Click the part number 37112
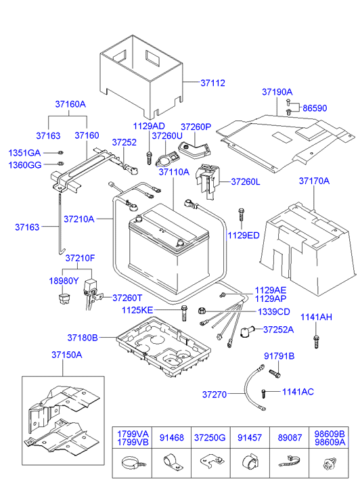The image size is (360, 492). pyautogui.click(x=212, y=83)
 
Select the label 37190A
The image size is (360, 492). pyautogui.click(x=277, y=91)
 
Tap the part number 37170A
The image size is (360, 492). pyautogui.click(x=314, y=181)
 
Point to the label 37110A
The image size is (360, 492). pyautogui.click(x=174, y=173)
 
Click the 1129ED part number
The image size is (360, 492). pyautogui.click(x=244, y=235)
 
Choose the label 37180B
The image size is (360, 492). pyautogui.click(x=83, y=337)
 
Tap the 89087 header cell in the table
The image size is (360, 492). pyautogui.click(x=288, y=437)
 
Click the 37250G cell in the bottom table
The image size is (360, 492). pyautogui.click(x=210, y=437)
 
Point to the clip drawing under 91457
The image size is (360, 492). pyautogui.click(x=248, y=464)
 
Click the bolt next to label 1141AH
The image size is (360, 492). pyautogui.click(x=315, y=342)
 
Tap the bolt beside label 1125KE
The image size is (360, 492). pyautogui.click(x=184, y=313)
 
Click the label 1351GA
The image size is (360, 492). pyautogui.click(x=24, y=152)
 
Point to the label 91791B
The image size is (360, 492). pyautogui.click(x=279, y=356)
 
